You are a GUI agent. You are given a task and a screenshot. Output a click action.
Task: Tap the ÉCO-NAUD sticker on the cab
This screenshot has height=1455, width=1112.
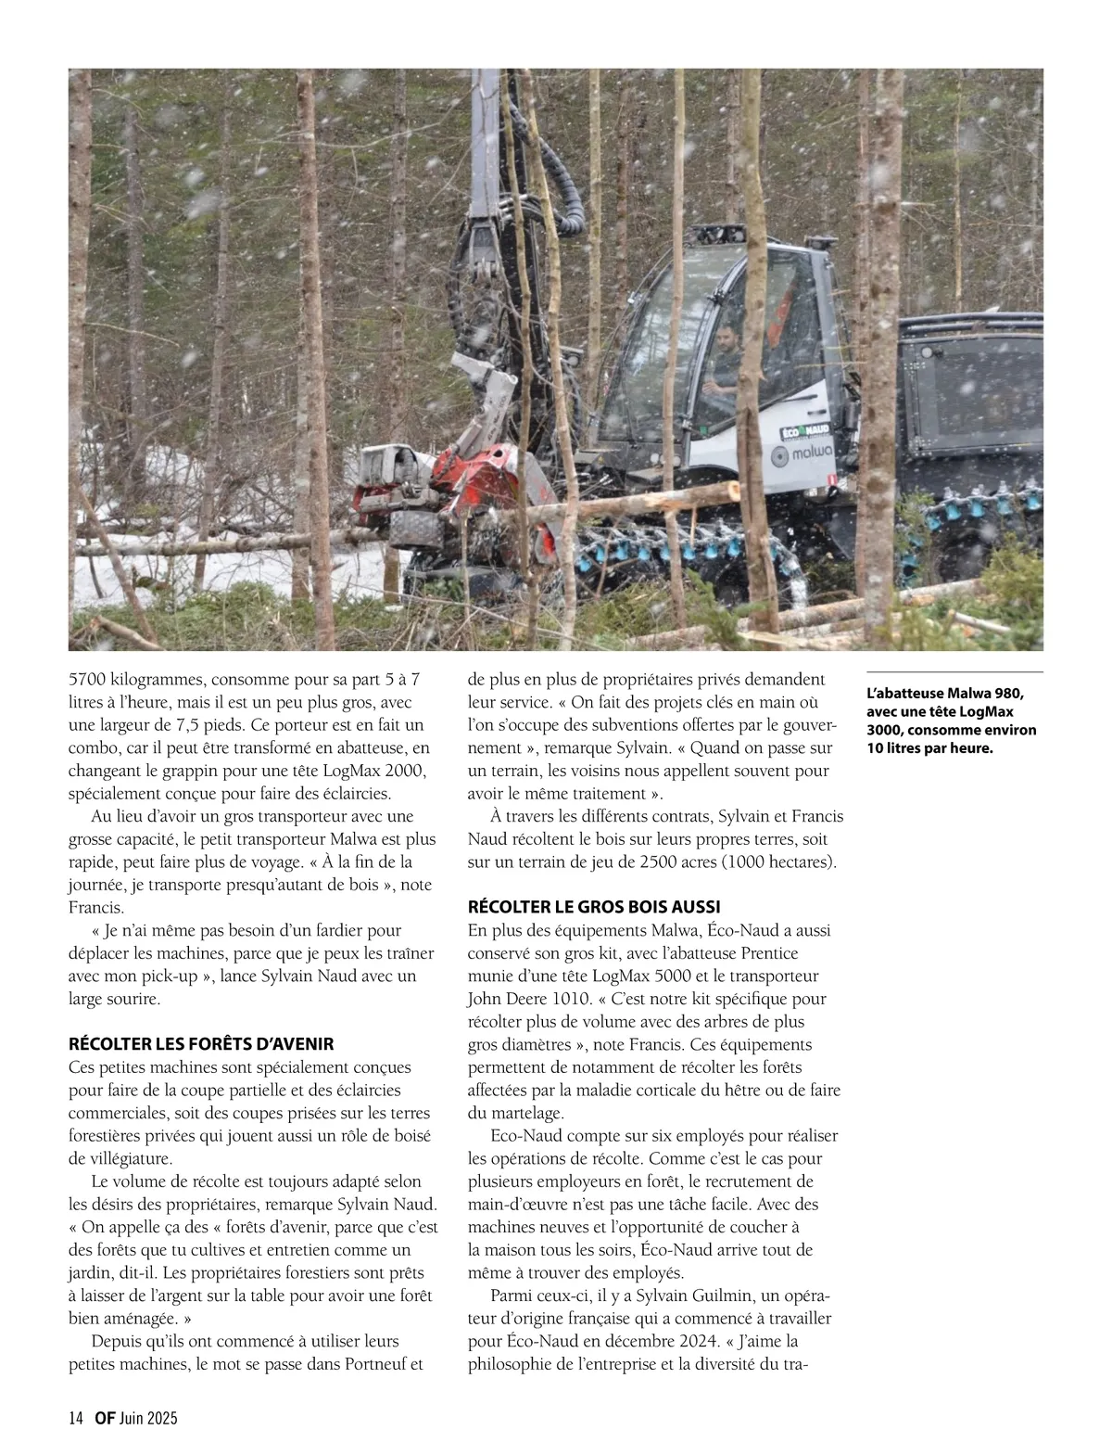tap(804, 432)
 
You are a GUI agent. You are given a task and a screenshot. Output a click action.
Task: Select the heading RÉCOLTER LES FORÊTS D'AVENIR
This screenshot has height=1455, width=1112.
tap(201, 1044)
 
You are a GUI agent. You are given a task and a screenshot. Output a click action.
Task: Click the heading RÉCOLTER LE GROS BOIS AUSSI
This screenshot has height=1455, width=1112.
tap(595, 906)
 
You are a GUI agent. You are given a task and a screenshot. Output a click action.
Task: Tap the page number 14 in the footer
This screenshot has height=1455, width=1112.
tap(76, 1418)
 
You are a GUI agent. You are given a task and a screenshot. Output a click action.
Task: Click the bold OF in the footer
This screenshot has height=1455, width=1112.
tap(104, 1418)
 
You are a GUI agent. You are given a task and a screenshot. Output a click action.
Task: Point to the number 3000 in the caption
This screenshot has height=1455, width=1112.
tap(886, 730)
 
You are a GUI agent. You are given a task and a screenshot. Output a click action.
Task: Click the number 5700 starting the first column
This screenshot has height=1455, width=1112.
tap(87, 680)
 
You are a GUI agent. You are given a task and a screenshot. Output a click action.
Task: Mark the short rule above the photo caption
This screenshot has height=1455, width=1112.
tap(954, 670)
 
